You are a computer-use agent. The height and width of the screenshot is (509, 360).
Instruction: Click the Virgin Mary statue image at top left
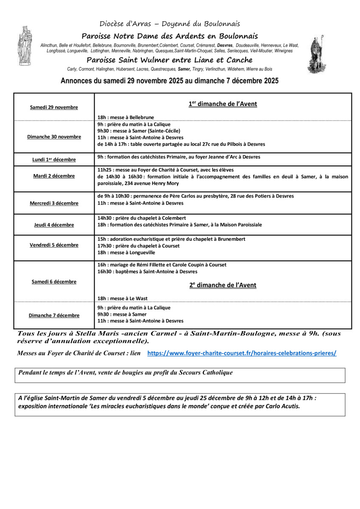click(x=24, y=46)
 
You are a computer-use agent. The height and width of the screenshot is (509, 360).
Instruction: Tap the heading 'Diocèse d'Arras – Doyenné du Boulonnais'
click(x=170, y=24)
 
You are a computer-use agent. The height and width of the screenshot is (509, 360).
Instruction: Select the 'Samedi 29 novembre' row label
click(x=54, y=107)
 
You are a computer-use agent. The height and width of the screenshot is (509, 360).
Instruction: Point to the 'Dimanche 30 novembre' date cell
click(x=54, y=137)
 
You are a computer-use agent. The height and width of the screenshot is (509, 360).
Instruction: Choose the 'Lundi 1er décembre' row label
click(x=54, y=159)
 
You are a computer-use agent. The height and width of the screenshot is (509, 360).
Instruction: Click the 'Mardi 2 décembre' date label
click(x=54, y=176)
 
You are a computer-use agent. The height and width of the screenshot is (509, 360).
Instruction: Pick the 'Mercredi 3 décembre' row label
click(x=54, y=203)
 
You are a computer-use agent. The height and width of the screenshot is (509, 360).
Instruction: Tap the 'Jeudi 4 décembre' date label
click(x=54, y=225)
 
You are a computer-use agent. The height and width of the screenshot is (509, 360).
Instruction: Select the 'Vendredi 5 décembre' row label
click(x=54, y=245)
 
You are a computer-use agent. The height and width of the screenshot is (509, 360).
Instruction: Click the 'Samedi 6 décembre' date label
click(x=54, y=282)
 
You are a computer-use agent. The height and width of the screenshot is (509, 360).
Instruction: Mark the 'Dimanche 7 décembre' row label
click(x=54, y=315)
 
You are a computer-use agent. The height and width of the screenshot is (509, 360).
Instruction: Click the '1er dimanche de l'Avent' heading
click(x=223, y=104)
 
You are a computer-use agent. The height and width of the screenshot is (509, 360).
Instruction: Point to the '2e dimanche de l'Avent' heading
click(x=223, y=285)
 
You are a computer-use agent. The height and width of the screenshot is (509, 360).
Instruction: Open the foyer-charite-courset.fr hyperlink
click(x=242, y=353)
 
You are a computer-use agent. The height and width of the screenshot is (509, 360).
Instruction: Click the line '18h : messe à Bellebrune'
click(x=126, y=117)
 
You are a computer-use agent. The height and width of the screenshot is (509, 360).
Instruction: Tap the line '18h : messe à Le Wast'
click(x=122, y=298)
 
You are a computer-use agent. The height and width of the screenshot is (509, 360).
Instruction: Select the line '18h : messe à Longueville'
click(x=126, y=253)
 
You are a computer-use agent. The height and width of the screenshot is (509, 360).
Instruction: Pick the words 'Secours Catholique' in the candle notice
click(x=208, y=372)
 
